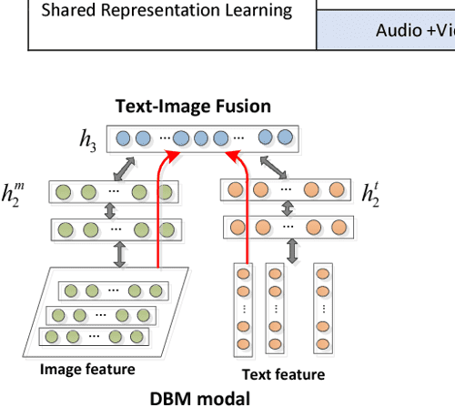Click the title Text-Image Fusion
click(x=192, y=106)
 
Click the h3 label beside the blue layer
click(x=88, y=140)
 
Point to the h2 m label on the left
click(x=29, y=196)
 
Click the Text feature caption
click(x=282, y=374)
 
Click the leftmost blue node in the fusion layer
click(x=123, y=138)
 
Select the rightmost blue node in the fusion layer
click(x=285, y=138)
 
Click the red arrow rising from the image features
click(x=160, y=209)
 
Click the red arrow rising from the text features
click(x=244, y=209)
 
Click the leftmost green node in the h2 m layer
click(x=64, y=193)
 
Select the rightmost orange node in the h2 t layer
click(x=337, y=191)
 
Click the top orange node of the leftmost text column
click(x=243, y=273)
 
